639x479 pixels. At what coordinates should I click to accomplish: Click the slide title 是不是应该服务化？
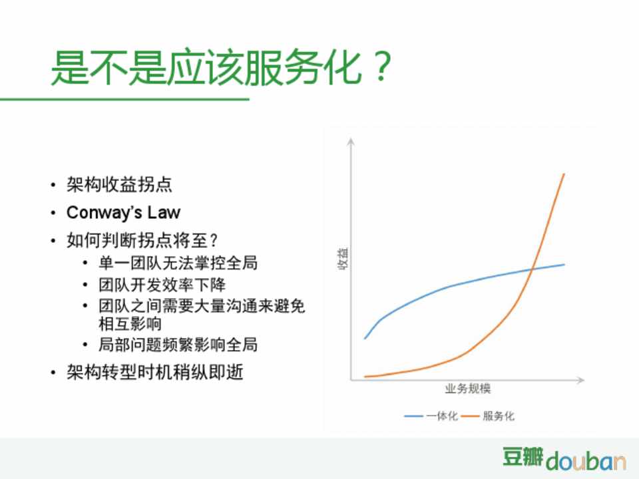point(221,68)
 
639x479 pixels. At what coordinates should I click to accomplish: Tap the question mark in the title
point(381,67)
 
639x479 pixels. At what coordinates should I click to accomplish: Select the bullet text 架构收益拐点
point(119,184)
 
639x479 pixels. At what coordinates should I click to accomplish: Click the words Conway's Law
point(123,212)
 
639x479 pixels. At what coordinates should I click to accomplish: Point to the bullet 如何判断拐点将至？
point(142,240)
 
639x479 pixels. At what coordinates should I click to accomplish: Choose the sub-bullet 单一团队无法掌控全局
point(178,263)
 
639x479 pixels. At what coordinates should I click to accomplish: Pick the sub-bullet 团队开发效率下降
point(162,284)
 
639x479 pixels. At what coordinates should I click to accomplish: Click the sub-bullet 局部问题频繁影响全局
point(178,345)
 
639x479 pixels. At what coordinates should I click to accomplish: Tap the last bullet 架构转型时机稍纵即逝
point(155,372)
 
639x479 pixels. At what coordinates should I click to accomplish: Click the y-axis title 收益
point(343,258)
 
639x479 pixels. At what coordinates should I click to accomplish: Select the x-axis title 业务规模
point(468,388)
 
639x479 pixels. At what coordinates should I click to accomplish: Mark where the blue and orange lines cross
point(532,269)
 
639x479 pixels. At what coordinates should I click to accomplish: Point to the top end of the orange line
point(564,174)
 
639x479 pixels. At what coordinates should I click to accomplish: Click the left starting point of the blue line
point(365,339)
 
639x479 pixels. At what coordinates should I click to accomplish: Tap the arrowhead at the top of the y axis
point(351,140)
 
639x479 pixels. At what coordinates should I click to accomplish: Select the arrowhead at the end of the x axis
point(582,380)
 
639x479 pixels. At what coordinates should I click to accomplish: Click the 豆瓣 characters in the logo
point(523,456)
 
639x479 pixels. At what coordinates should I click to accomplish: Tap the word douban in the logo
point(586,460)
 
